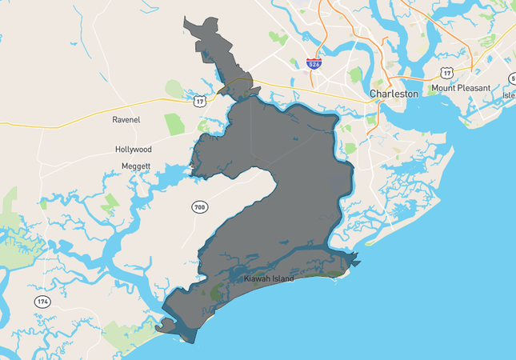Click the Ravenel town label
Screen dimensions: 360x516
[126, 120]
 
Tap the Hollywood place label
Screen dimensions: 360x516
[133, 150]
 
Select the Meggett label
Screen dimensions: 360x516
[136, 166]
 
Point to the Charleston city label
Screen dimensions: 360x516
[394, 94]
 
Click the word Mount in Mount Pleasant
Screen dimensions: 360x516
[444, 88]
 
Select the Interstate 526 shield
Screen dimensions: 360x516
[315, 62]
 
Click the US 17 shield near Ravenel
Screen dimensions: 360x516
[199, 100]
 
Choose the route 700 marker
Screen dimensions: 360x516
[199, 208]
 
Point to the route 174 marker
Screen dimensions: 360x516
[42, 302]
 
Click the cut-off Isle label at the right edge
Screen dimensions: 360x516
[509, 95]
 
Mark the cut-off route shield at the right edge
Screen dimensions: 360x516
[512, 78]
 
